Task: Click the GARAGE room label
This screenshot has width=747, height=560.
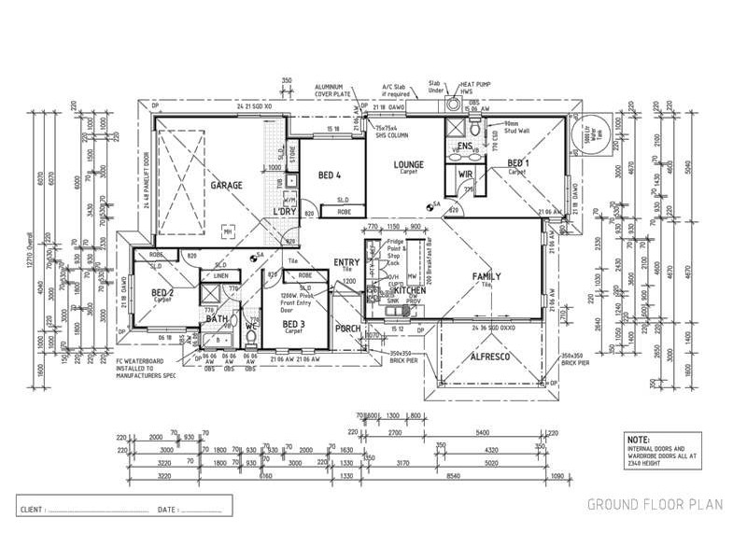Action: [x=226, y=185]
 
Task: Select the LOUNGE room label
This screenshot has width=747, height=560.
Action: [x=408, y=164]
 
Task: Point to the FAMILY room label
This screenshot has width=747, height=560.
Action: [x=486, y=276]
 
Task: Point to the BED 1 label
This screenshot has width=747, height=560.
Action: [x=518, y=164]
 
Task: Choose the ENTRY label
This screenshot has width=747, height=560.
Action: [x=346, y=262]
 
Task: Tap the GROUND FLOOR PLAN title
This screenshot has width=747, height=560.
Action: [x=655, y=505]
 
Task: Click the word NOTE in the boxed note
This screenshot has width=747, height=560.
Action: [x=639, y=438]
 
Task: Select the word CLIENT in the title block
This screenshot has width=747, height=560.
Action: [x=32, y=510]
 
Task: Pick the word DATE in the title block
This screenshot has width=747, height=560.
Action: [x=168, y=510]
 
